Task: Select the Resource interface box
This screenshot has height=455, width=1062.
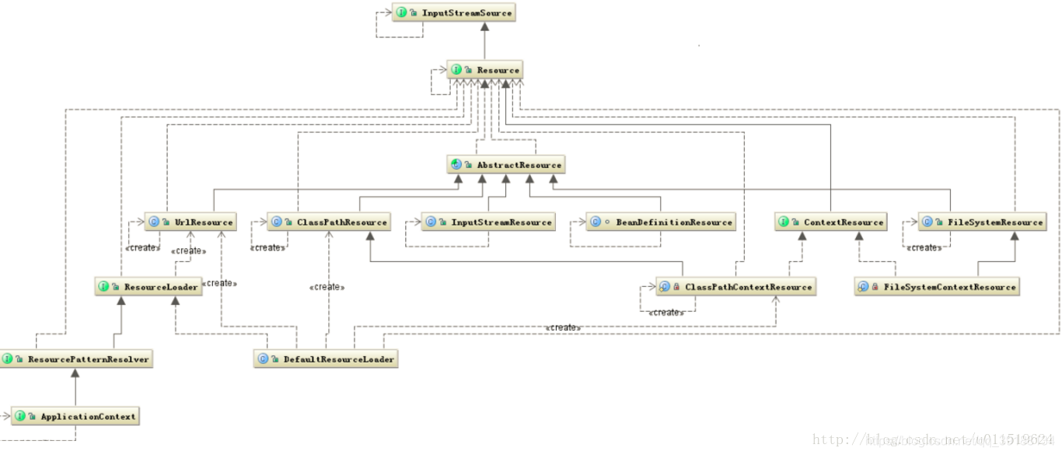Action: coord(484,70)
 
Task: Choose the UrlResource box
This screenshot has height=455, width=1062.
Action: coord(190,222)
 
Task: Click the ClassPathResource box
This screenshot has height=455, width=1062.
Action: coord(328,222)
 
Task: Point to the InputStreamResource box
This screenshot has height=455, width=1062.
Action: coord(488,222)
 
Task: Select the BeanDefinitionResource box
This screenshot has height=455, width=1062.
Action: coord(661,222)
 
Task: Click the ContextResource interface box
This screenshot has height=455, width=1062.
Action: coord(830,222)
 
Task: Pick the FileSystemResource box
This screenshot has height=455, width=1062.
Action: coord(982,222)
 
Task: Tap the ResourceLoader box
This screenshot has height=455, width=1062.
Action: coord(148,287)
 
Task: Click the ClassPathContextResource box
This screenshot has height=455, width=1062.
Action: coord(735,287)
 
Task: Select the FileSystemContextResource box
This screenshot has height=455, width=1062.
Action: coord(937,287)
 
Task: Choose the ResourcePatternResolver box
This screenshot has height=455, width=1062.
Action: coord(75,359)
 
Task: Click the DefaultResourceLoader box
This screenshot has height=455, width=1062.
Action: coord(326,359)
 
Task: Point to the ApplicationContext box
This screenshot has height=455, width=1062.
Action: coord(75,417)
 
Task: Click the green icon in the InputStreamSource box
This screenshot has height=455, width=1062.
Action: coord(401,12)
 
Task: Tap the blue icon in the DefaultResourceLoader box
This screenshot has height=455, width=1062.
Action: coord(263,359)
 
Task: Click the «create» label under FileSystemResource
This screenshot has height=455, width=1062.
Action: coord(924,248)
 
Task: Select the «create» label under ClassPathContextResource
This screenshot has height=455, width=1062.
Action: coord(665,313)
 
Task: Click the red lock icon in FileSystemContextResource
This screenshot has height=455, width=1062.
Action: coord(875,287)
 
